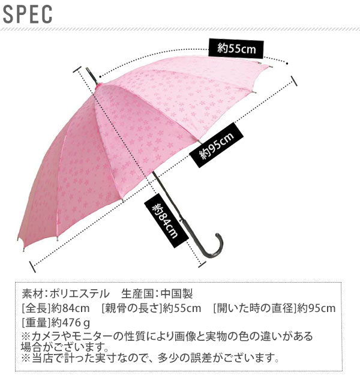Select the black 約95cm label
(x=216, y=146)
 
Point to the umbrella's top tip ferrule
(x=91, y=75)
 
